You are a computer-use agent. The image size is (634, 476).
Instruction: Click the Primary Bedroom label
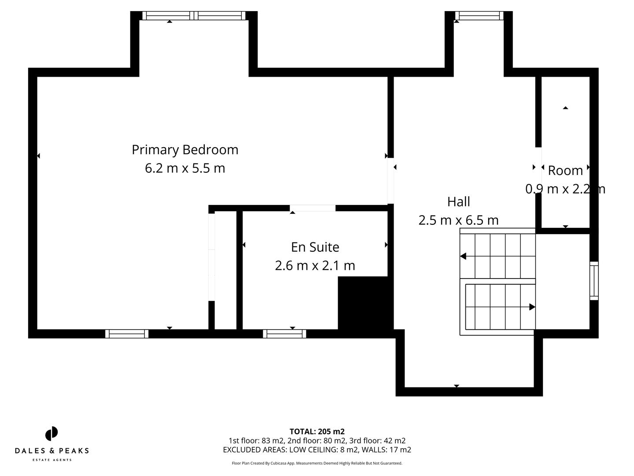185,150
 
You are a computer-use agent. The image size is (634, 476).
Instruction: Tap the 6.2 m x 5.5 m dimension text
185,168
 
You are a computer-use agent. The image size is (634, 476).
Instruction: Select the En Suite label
315,247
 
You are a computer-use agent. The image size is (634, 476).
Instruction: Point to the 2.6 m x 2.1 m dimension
315,266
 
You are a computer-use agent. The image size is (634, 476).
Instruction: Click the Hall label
458,202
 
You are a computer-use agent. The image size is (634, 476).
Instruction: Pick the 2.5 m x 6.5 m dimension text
458,220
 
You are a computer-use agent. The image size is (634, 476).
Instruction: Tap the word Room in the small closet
565,171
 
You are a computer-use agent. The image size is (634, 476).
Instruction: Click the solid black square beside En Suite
363,303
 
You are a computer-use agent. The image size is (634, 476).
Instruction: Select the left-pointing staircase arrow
464,256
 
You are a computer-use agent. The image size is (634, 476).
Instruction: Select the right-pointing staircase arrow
532,307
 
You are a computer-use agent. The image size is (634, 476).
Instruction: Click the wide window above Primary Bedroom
194,16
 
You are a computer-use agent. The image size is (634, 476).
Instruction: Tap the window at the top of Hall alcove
479,16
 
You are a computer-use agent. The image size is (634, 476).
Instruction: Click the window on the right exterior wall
594,281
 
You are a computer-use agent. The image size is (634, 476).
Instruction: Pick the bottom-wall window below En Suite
284,334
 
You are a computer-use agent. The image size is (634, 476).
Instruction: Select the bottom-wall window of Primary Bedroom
127,334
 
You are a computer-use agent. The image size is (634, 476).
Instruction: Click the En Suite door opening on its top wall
313,208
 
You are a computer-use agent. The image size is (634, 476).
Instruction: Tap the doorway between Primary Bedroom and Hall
391,181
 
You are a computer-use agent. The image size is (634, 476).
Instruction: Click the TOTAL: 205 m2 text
317,431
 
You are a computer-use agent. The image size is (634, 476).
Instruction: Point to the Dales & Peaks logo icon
52,434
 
